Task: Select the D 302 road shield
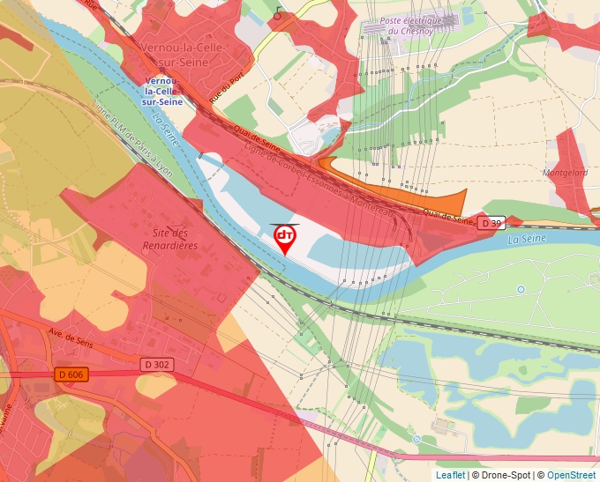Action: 156,364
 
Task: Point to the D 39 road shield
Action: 491,224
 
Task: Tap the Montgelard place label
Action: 565,173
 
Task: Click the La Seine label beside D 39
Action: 527,238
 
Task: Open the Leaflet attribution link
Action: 450,475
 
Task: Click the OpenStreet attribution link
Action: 571,475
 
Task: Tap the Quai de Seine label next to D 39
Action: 448,216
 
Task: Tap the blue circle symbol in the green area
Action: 521,289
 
